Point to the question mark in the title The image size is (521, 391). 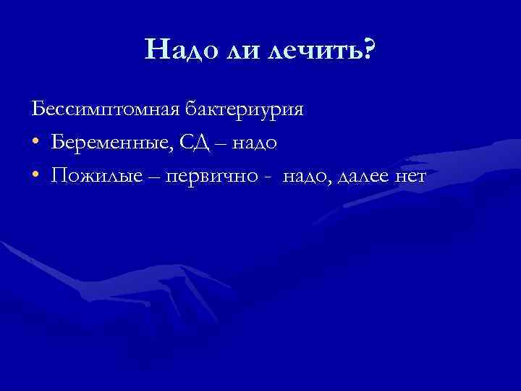[368, 49]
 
